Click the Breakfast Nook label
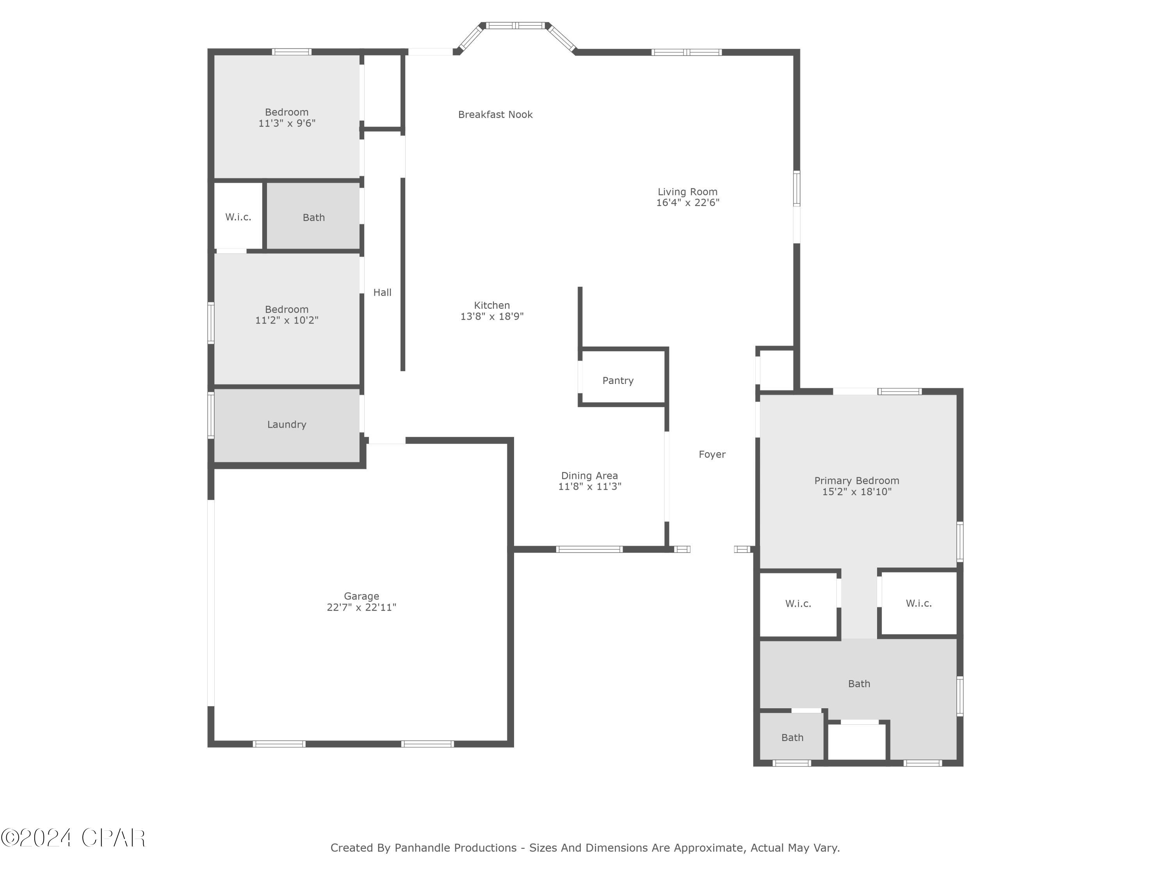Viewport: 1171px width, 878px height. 495,114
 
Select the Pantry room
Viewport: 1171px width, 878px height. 618,380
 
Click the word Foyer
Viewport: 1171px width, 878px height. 712,454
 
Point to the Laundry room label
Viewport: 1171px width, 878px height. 287,425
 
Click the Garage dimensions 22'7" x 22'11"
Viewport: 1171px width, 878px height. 361,608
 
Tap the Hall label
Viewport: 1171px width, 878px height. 382,292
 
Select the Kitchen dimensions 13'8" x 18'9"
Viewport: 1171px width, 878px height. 491,316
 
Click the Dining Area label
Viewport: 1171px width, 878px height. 589,475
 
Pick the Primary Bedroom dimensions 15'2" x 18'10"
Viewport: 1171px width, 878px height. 856,492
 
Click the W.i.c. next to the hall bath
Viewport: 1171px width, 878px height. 238,217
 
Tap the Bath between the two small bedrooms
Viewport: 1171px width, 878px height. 313,217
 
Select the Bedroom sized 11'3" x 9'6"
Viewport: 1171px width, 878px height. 287,117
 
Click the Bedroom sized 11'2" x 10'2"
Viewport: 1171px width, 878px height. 287,315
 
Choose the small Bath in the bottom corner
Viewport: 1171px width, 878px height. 792,737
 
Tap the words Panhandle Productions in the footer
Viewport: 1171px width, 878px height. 455,848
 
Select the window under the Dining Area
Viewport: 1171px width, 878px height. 589,549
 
